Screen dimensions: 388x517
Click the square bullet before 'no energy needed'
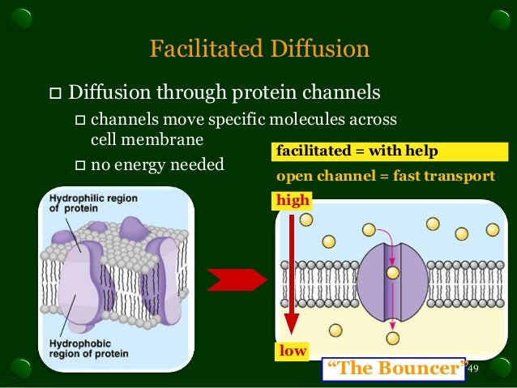(x=79, y=166)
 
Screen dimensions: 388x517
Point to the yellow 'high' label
(x=293, y=199)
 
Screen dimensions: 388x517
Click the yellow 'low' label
(x=292, y=351)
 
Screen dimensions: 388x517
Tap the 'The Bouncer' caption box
(x=396, y=369)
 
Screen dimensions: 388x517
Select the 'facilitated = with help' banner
(x=357, y=151)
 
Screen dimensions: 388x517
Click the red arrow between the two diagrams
(x=236, y=279)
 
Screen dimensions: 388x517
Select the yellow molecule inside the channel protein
(x=393, y=273)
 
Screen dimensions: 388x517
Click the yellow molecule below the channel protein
(x=393, y=339)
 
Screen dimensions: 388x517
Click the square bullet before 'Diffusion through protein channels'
(x=54, y=90)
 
